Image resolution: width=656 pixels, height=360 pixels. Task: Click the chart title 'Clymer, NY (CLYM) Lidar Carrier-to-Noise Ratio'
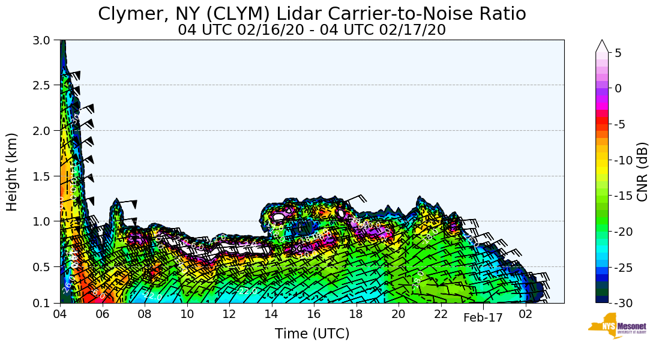click(x=311, y=14)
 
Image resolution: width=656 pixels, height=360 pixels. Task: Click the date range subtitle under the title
click(x=311, y=30)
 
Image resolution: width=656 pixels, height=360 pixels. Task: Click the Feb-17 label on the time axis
click(x=483, y=318)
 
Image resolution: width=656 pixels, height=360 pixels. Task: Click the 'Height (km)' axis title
click(x=13, y=172)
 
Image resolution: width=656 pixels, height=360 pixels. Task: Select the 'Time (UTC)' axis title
click(x=311, y=334)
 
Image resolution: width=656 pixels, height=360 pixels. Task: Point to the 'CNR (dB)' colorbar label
click(x=642, y=172)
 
